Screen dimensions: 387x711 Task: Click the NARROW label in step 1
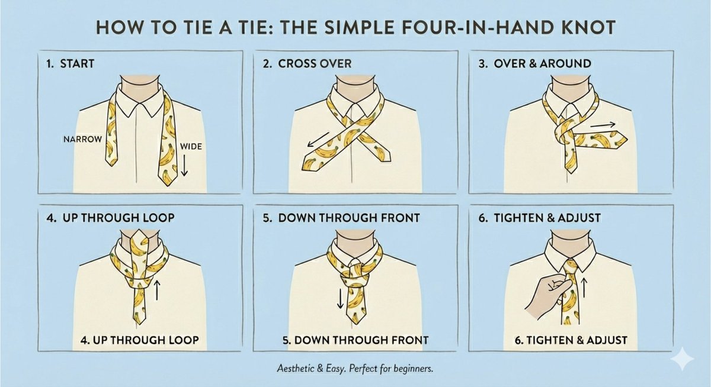82,140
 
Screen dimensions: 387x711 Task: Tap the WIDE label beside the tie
191,146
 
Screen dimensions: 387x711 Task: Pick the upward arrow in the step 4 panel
157,289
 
